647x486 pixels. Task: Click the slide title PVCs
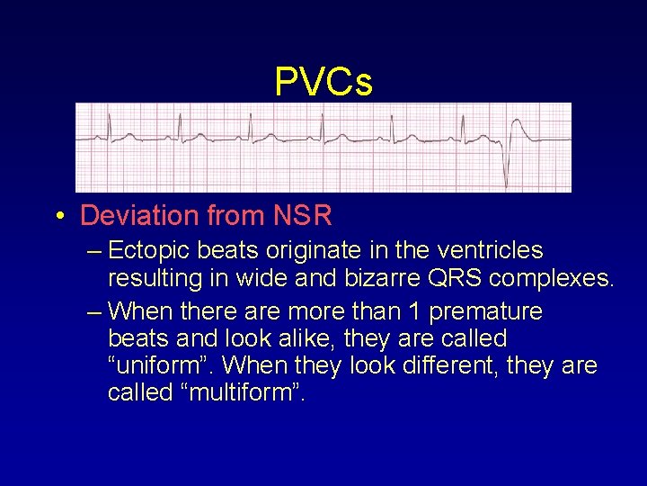pyautogui.click(x=323, y=82)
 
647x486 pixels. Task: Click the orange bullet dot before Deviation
pyautogui.click(x=59, y=216)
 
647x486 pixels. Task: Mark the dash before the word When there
pyautogui.click(x=95, y=312)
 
